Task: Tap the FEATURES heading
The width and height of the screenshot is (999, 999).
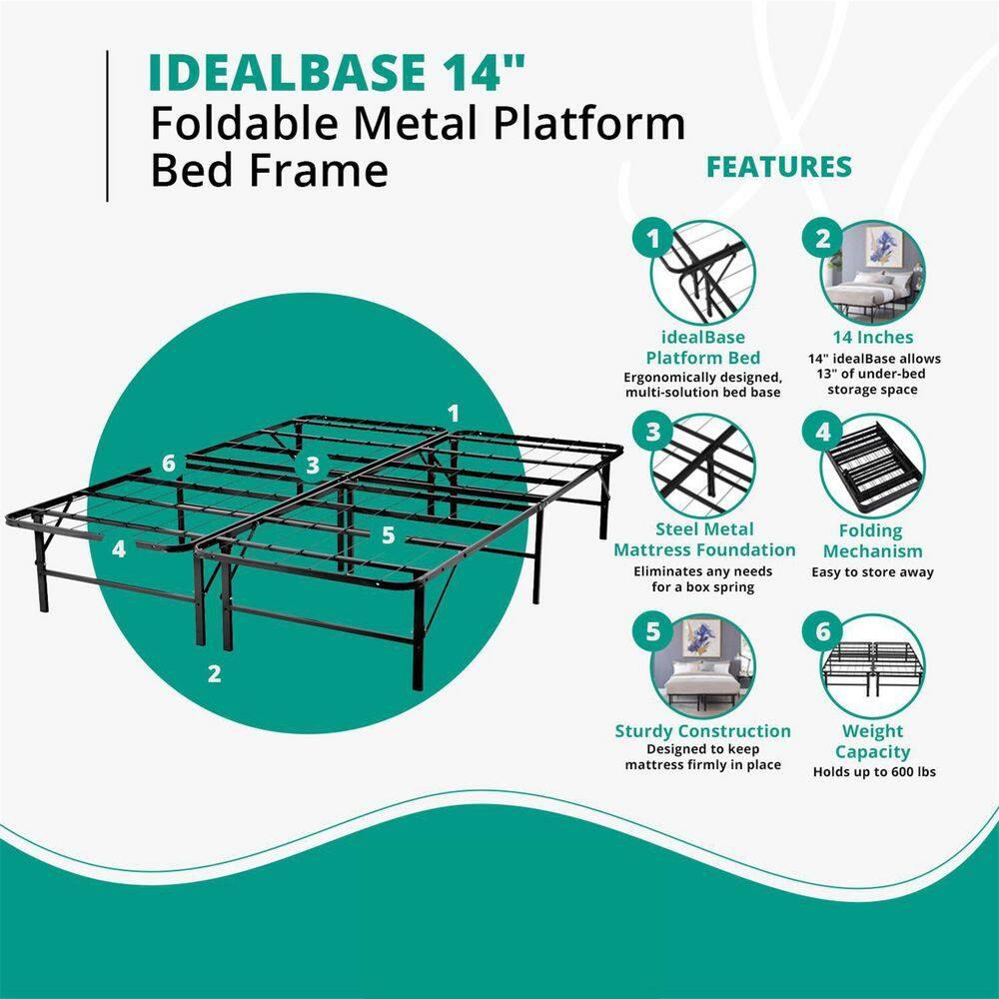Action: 779,167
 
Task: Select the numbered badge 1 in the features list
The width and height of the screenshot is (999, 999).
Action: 654,239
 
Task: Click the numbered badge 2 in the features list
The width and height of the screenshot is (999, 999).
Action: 823,239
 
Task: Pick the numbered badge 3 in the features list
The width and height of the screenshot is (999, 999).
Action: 654,432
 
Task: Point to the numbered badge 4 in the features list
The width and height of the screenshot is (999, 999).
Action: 823,432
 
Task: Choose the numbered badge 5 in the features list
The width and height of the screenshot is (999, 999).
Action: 654,631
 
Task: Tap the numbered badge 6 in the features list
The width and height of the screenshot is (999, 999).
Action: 823,631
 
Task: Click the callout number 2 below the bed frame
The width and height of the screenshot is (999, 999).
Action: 214,673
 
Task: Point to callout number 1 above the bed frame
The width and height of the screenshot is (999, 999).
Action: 454,413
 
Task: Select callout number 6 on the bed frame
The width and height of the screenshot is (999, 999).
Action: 169,464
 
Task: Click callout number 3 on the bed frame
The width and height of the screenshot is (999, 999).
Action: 313,465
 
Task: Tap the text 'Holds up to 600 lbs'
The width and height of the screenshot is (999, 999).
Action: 873,771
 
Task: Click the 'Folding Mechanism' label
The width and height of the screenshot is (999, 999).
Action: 870,540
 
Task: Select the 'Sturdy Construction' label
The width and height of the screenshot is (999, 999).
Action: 703,731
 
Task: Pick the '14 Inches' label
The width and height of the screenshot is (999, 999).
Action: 872,337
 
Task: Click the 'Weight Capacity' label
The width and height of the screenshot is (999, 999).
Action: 872,741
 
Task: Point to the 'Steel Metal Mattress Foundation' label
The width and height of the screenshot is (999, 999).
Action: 705,539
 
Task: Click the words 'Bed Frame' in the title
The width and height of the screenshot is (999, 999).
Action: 269,170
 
